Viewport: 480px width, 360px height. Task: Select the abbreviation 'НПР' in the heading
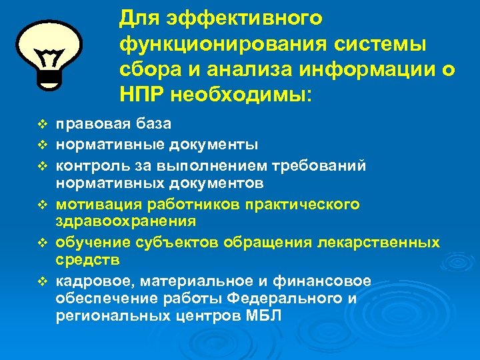click(x=141, y=93)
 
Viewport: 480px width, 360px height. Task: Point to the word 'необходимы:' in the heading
click(x=241, y=93)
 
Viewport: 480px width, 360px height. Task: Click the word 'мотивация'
click(x=94, y=203)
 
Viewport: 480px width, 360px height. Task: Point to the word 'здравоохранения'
click(x=125, y=221)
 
